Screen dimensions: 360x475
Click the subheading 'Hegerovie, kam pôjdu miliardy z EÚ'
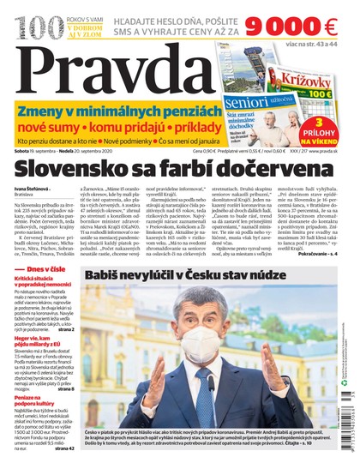39,342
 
